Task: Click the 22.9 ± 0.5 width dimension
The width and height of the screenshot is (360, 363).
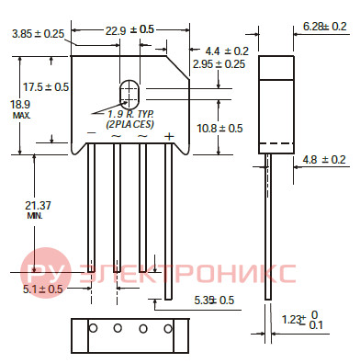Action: (x=129, y=29)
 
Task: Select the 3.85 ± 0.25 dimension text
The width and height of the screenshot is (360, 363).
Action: (x=38, y=34)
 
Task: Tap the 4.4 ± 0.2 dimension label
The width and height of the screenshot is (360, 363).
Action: (x=227, y=51)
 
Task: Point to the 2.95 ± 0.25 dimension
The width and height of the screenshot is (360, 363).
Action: (x=219, y=64)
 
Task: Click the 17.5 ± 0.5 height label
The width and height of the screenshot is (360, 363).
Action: (x=46, y=87)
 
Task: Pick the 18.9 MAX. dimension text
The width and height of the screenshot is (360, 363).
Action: (x=20, y=109)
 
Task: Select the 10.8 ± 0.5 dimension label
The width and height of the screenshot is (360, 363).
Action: (x=219, y=128)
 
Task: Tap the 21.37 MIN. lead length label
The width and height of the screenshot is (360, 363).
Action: (x=38, y=210)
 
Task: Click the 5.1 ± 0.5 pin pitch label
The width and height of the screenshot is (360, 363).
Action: (x=42, y=289)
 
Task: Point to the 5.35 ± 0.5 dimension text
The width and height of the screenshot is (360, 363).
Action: (x=214, y=301)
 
